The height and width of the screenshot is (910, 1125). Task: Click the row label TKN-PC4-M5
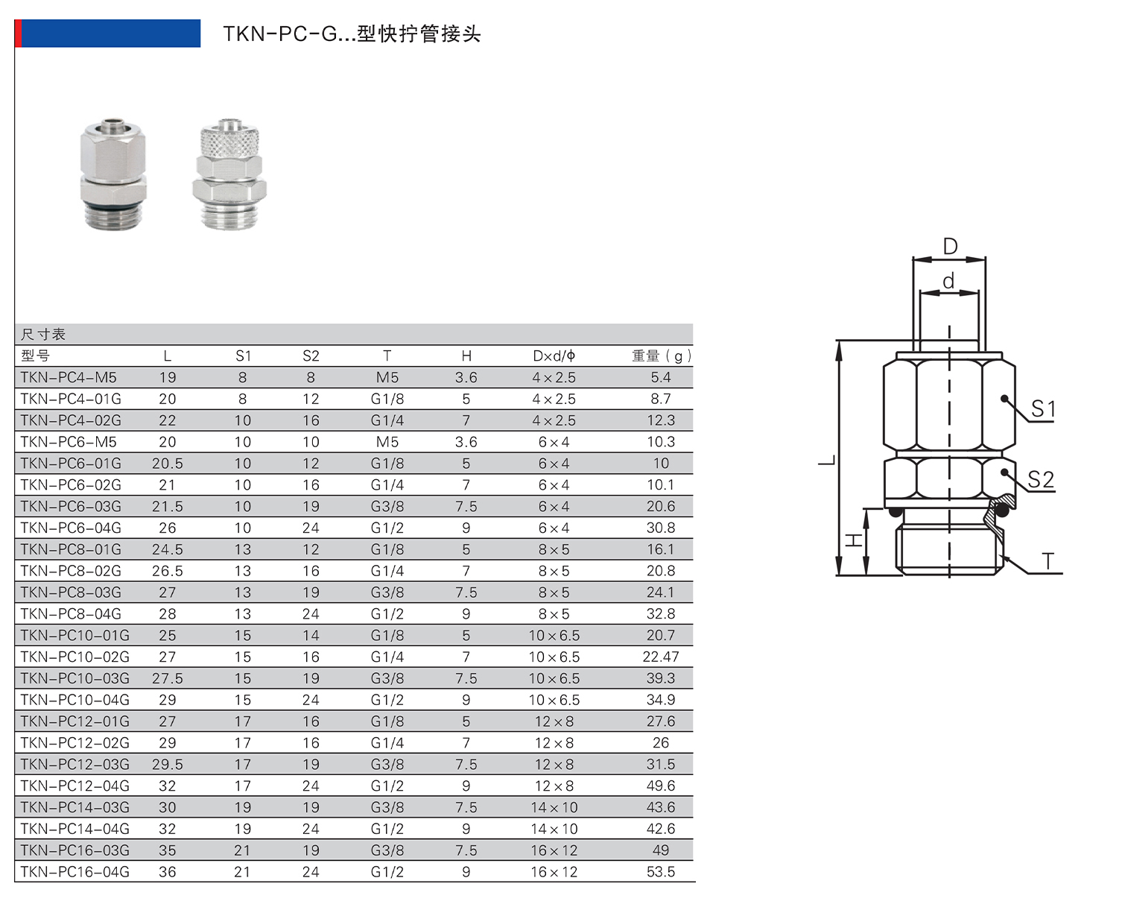click(69, 378)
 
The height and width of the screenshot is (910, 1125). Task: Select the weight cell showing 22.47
click(661, 657)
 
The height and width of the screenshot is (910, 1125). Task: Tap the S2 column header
click(311, 356)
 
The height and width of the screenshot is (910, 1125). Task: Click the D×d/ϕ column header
click(554, 356)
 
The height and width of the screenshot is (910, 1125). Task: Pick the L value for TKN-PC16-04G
click(168, 872)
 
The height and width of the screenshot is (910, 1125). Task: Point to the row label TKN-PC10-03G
click(75, 679)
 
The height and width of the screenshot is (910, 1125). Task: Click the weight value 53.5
click(661, 872)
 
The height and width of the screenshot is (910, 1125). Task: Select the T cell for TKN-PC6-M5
click(387, 442)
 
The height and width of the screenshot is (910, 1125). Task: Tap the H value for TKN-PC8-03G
click(466, 593)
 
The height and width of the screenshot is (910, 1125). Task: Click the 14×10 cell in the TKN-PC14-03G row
click(554, 808)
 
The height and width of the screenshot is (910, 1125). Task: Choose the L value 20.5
click(168, 464)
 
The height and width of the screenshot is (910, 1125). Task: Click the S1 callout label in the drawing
click(1043, 409)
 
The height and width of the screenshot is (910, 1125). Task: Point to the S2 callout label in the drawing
click(1041, 479)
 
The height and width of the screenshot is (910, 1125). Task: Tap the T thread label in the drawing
click(1048, 561)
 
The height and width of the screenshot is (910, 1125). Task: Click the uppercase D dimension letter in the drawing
click(950, 246)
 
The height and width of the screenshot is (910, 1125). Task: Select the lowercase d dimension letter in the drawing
click(948, 281)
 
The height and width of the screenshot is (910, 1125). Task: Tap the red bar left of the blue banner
click(19, 34)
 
